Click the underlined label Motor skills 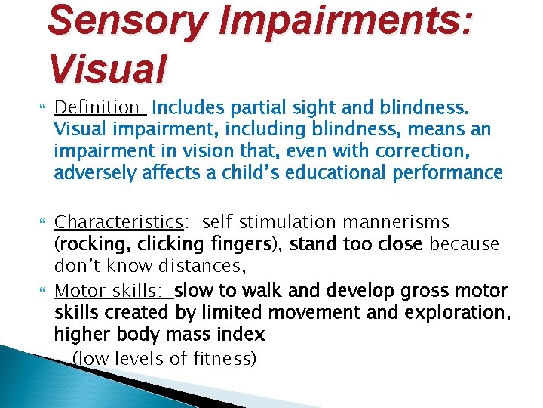[112, 290]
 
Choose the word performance [454, 173]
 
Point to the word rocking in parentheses [90, 245]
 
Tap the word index [244, 335]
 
